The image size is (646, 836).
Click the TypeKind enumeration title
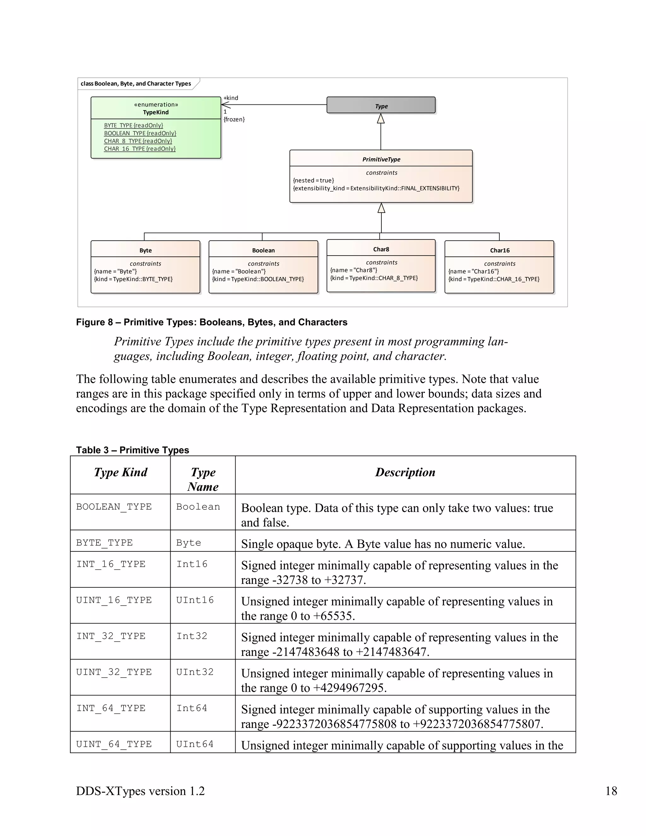(156, 112)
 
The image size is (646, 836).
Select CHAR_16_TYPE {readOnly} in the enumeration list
(140, 149)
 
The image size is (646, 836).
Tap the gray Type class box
(381, 106)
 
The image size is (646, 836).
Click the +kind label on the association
(231, 98)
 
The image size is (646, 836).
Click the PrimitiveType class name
(381, 159)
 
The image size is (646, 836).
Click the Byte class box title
(145, 250)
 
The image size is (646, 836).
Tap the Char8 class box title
(381, 249)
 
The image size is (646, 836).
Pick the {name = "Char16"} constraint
(474, 271)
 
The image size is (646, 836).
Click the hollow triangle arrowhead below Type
(381, 119)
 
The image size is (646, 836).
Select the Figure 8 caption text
(212, 322)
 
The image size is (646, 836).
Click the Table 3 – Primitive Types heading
(132, 450)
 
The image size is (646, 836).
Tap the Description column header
(405, 472)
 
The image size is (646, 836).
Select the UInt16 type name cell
(195, 600)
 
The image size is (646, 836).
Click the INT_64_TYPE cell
(111, 709)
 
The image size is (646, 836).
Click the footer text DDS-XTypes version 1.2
(140, 791)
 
